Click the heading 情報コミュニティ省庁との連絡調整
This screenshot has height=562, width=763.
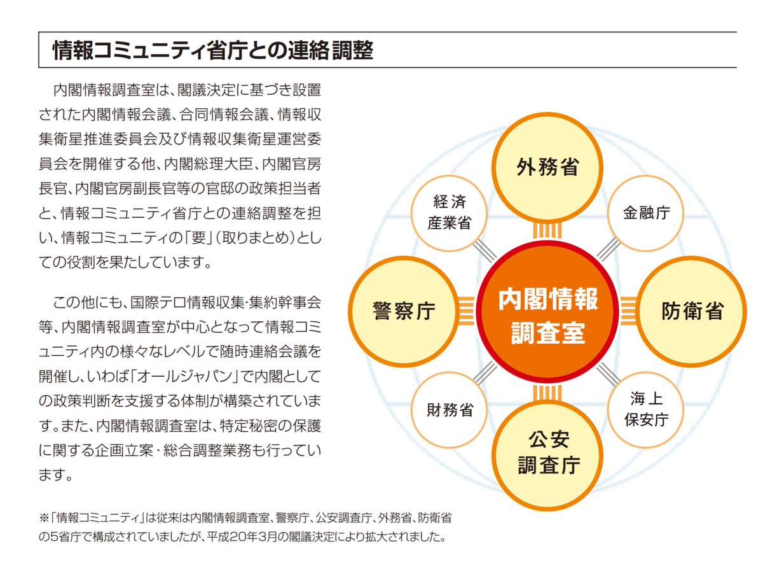[x=213, y=51]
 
